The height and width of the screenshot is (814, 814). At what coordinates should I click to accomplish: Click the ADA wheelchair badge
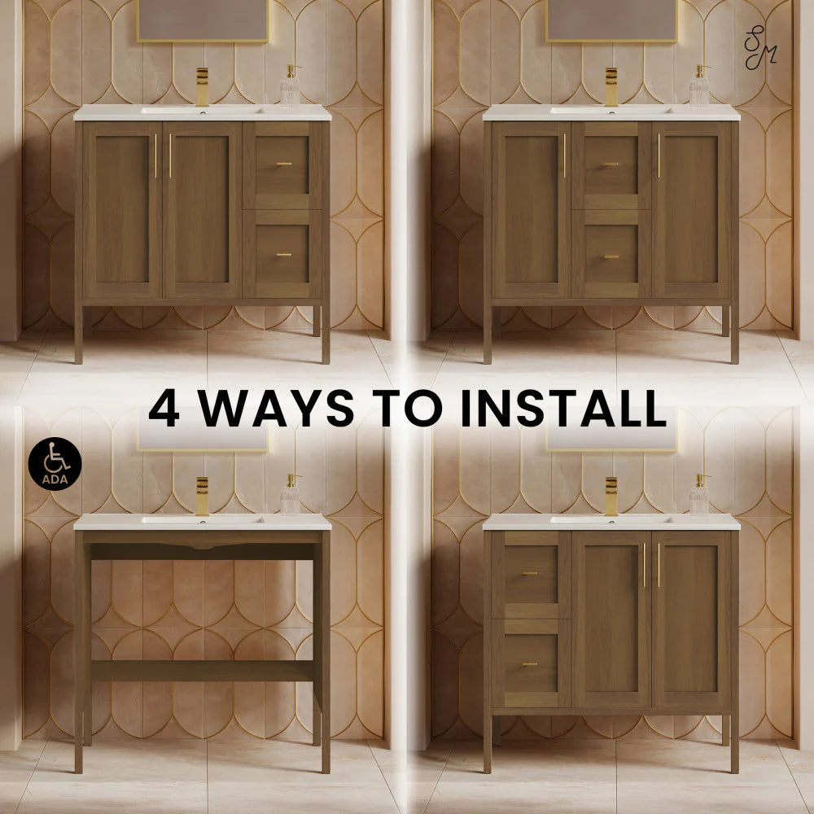click(55, 464)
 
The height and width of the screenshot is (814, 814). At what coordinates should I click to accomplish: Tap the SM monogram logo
click(760, 48)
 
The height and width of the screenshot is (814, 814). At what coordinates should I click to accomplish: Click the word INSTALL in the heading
click(563, 408)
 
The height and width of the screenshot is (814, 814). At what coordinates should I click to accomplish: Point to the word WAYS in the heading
click(276, 408)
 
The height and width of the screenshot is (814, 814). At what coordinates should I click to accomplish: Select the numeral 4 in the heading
click(164, 408)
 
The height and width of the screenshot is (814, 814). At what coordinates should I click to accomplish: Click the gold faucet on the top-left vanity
click(203, 87)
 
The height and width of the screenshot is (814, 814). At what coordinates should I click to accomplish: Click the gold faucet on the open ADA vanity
click(203, 497)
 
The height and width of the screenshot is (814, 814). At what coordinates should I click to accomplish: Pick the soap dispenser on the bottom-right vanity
click(699, 495)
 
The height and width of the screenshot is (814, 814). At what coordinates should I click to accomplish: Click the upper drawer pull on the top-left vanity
click(284, 164)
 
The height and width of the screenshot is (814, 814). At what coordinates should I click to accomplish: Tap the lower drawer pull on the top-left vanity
click(284, 255)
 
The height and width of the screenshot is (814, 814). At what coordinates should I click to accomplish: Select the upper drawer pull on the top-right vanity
click(611, 164)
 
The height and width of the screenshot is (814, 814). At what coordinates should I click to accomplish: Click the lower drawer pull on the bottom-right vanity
click(530, 664)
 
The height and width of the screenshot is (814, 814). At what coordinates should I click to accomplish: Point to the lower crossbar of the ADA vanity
click(203, 671)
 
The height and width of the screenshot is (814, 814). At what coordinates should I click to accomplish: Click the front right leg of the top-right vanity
click(734, 332)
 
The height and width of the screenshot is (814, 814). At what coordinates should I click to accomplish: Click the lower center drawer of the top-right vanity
click(611, 254)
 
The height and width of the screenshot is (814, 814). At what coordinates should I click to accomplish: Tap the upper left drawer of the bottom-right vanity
click(530, 575)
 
